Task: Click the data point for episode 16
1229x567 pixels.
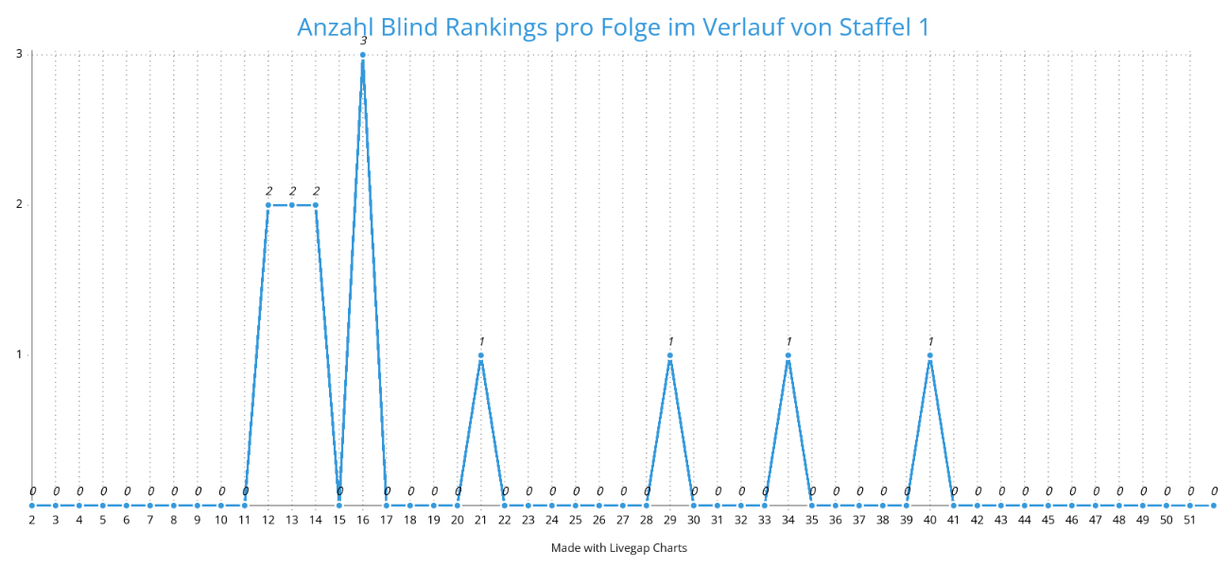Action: point(363,55)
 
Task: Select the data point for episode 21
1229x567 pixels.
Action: point(481,355)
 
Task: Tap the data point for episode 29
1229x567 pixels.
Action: point(670,355)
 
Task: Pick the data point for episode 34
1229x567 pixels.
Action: point(788,355)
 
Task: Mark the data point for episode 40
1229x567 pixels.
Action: point(930,355)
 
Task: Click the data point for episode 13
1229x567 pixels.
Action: point(292,205)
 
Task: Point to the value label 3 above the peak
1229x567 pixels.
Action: point(363,41)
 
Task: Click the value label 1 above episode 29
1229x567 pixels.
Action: point(670,341)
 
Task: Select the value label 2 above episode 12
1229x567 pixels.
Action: point(268,191)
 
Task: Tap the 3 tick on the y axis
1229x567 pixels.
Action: point(19,54)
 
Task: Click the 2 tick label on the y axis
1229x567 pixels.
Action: point(19,204)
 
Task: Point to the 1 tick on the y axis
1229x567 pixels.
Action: point(19,354)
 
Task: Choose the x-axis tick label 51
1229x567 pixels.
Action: point(1190,519)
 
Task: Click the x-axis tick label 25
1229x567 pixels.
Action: point(576,519)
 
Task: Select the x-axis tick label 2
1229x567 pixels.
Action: point(32,519)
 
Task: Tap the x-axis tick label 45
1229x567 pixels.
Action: point(1048,519)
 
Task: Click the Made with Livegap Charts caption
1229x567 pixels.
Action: point(619,548)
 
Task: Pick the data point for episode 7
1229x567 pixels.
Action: point(150,506)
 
